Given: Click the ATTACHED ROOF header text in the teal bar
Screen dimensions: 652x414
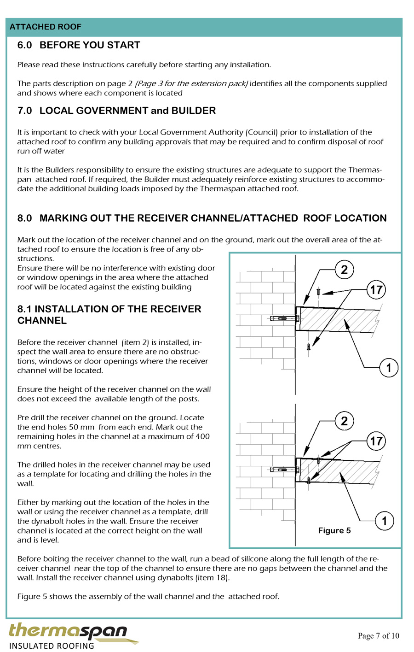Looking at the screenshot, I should point(45,27).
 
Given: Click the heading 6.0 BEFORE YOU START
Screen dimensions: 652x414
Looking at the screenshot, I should point(78,45).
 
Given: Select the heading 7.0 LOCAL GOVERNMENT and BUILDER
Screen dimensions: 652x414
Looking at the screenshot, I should point(116,111).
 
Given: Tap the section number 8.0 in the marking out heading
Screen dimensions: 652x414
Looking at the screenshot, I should point(24,218).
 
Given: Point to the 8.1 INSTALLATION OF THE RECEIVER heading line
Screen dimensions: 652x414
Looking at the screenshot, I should point(109,309).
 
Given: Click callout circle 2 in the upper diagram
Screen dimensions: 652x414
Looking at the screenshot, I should point(344,270).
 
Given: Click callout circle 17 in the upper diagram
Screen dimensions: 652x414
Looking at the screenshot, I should point(376,290).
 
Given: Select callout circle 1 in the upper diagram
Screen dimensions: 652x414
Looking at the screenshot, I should point(389,368).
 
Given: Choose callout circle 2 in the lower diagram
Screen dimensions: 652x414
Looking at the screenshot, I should point(344,421).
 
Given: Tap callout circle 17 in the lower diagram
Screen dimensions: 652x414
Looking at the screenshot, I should point(376,441).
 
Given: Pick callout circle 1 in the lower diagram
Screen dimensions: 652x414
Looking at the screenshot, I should point(384,521).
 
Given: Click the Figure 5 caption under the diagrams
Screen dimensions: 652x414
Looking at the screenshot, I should point(334,530).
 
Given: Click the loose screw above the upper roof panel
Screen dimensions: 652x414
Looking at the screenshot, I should point(318,292).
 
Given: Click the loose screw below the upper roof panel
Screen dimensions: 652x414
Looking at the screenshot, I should point(309,347).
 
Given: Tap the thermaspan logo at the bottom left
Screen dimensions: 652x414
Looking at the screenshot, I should point(68,630).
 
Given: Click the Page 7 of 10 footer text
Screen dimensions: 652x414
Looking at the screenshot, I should point(379,636).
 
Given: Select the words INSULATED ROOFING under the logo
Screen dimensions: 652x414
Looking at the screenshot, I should point(52,646).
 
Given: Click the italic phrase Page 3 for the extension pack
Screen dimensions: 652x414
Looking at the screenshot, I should point(191,83).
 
